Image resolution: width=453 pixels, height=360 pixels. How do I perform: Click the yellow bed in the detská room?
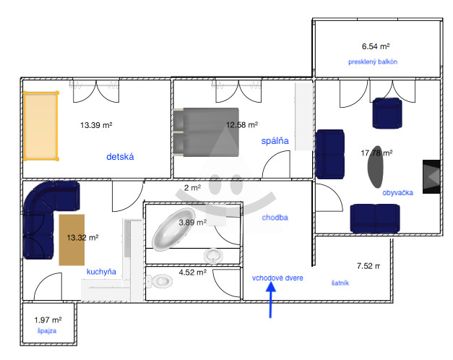click(x=41, y=126)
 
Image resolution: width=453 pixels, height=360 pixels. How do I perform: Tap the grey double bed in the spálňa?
click(x=207, y=132)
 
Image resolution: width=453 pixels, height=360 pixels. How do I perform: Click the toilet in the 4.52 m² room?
click(x=160, y=280)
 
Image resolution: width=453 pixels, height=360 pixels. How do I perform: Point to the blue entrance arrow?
click(x=271, y=300)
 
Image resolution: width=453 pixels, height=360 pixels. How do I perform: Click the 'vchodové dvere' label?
click(x=277, y=278)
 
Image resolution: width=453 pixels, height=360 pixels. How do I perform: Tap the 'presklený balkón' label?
click(x=373, y=62)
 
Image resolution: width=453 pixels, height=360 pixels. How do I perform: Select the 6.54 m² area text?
click(x=376, y=46)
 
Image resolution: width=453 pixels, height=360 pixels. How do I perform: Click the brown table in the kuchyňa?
click(x=72, y=240)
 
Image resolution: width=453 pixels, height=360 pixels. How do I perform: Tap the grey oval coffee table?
click(x=375, y=167)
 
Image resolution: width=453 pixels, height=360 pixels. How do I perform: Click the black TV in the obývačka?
click(x=431, y=176)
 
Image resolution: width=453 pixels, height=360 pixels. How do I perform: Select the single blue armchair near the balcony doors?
click(x=387, y=113)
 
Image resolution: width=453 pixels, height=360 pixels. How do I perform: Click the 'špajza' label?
click(x=47, y=331)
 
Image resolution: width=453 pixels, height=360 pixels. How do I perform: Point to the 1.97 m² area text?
click(x=48, y=320)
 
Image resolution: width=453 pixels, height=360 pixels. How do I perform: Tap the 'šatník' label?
click(x=340, y=283)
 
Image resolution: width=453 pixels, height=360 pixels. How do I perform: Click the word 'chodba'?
click(x=275, y=218)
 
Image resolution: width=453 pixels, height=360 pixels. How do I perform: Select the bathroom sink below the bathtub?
click(x=214, y=256)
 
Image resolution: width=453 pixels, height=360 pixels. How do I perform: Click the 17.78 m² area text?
click(x=376, y=153)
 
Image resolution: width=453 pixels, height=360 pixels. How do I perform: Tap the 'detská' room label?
click(x=120, y=157)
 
